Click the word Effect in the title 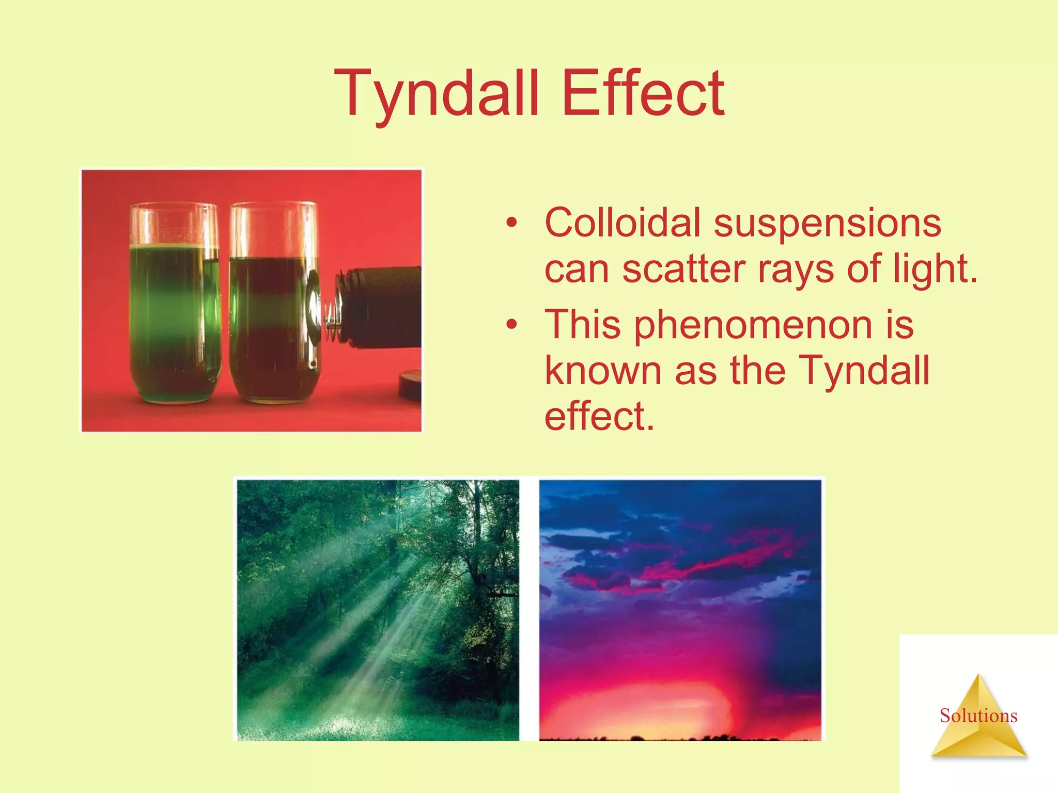[x=643, y=94]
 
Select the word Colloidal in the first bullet [x=622, y=223]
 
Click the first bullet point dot [x=511, y=224]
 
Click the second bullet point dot [x=511, y=325]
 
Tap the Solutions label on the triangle [x=978, y=716]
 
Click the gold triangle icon [x=978, y=733]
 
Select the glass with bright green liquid [x=174, y=305]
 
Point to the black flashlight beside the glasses [x=382, y=307]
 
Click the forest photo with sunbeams [x=378, y=610]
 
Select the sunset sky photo [x=680, y=610]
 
